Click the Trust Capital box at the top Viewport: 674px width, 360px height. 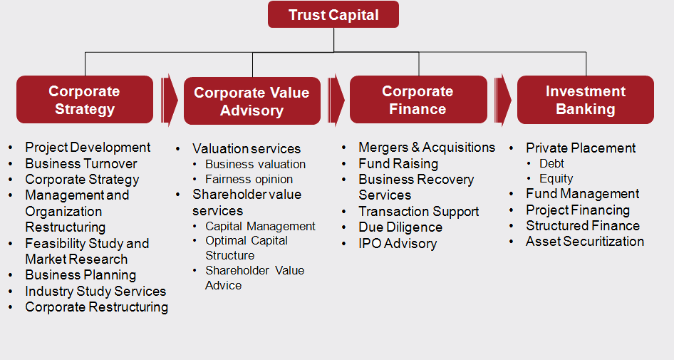(x=333, y=15)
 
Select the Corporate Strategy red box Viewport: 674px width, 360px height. (x=85, y=100)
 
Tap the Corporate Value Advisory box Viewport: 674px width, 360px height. (x=252, y=101)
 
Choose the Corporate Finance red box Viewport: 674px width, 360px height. (x=418, y=100)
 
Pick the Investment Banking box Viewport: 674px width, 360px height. (x=586, y=100)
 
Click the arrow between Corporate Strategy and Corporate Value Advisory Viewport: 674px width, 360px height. (x=169, y=101)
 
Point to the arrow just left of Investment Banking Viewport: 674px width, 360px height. (x=502, y=101)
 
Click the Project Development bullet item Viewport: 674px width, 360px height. (x=88, y=148)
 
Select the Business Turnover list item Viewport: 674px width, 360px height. (x=81, y=164)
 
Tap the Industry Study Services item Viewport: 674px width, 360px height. (x=95, y=291)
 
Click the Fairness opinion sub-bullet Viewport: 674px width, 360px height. (x=249, y=179)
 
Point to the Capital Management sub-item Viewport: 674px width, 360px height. (x=260, y=226)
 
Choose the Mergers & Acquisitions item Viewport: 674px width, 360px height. (x=427, y=148)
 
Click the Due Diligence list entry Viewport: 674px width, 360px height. (x=400, y=227)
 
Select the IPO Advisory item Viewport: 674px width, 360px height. (x=398, y=243)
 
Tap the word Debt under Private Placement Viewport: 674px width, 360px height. (x=551, y=163)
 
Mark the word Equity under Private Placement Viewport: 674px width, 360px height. (x=556, y=178)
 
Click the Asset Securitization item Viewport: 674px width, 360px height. (x=585, y=241)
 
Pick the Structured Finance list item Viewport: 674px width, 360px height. (x=582, y=225)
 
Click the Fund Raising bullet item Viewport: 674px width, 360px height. (x=398, y=164)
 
